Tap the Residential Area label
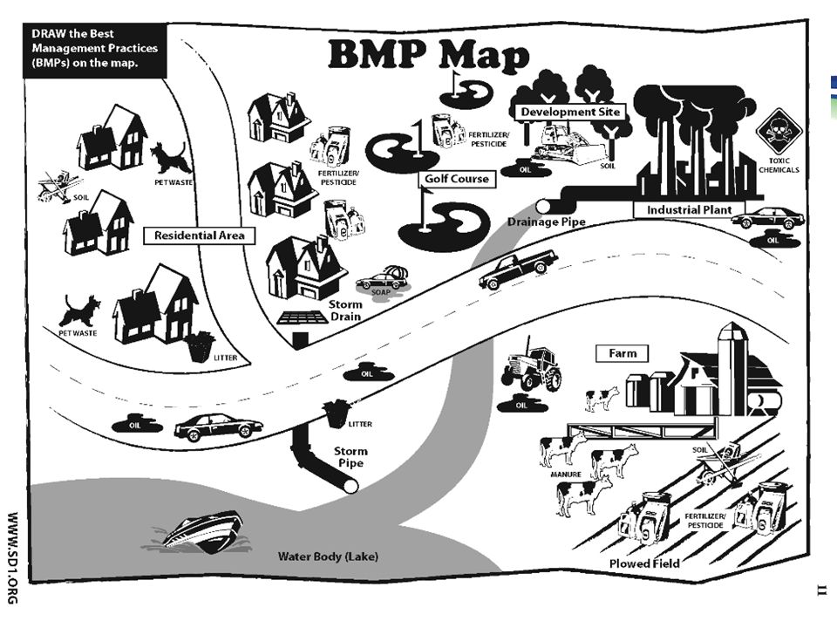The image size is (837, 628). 199,235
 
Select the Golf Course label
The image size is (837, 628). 456,180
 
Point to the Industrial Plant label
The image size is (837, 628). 695,210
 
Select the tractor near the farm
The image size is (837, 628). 532,368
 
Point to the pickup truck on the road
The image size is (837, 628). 518,269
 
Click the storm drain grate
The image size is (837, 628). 302,317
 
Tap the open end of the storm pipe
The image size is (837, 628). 350,486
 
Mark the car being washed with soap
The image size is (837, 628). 383,280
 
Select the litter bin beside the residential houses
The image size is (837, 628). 201,345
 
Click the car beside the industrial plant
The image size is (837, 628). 767,217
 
